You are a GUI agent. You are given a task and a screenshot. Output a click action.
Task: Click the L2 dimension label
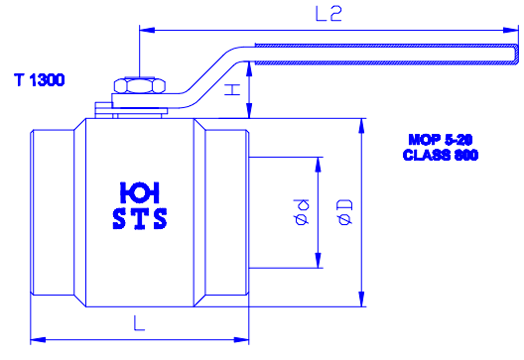tap(328, 14)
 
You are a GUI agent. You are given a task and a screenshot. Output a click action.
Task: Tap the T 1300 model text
tap(40, 80)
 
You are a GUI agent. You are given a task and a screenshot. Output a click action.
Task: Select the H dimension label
tap(232, 90)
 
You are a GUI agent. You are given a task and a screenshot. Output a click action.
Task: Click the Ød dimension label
tap(301, 212)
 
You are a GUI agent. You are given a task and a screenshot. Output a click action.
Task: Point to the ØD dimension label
tap(345, 212)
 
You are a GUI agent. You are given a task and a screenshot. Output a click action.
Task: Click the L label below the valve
tap(139, 323)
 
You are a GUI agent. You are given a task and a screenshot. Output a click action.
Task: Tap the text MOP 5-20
tap(441, 140)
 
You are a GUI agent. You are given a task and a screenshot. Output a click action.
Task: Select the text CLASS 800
tap(441, 155)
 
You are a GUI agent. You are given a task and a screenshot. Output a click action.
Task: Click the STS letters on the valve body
tap(140, 219)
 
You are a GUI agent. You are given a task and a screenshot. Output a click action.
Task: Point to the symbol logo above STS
tap(140, 192)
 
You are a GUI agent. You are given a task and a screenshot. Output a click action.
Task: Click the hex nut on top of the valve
tap(140, 85)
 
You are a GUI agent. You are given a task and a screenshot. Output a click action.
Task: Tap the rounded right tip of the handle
tap(517, 55)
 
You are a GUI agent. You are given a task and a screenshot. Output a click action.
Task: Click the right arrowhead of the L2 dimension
tap(511, 30)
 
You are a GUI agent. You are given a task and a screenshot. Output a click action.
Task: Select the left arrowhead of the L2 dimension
tap(147, 30)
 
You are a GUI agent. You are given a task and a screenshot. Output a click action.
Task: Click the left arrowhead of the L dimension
tap(38, 340)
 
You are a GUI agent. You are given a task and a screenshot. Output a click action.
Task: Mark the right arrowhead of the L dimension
tap(241, 340)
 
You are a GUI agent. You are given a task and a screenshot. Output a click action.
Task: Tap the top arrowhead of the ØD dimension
tap(361, 126)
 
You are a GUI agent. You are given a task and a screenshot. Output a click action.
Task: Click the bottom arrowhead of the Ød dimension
tap(319, 260)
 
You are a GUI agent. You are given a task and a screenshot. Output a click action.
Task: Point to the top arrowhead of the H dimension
tap(249, 69)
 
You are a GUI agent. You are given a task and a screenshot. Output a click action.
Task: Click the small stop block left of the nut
tap(103, 110)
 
